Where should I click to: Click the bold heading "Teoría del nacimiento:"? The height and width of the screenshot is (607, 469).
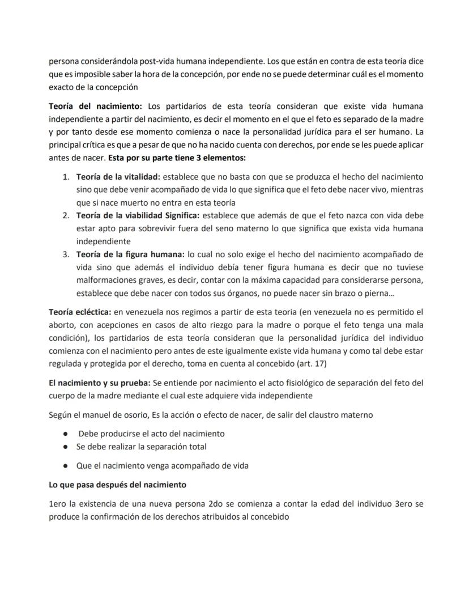point(96,107)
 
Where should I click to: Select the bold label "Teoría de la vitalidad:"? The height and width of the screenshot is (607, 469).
point(118,176)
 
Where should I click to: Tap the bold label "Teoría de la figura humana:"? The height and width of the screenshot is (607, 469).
point(130,254)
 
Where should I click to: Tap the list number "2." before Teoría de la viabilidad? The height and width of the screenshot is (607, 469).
point(66,215)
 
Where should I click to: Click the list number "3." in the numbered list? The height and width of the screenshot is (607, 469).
point(66,254)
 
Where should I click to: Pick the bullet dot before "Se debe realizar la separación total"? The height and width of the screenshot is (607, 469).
point(66,447)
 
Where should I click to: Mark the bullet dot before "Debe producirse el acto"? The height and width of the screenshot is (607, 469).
point(66,434)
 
